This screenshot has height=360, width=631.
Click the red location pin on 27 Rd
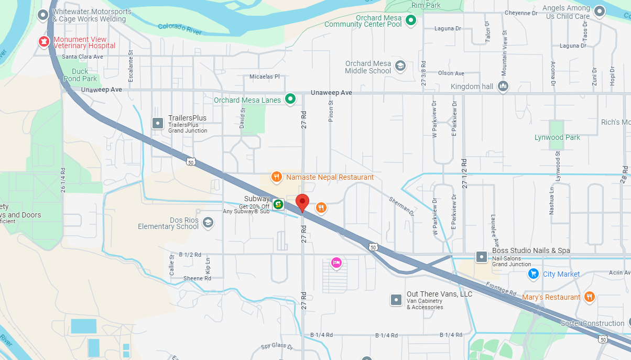302,202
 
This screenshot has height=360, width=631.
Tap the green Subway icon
278,203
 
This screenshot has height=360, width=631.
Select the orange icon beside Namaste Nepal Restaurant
276,177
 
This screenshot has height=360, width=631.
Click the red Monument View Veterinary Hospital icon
44,41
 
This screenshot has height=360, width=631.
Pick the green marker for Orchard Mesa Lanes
290,99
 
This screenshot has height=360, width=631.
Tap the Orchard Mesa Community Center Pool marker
411,20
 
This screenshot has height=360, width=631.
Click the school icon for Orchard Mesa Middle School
400,66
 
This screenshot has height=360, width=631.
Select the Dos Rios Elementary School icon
208,222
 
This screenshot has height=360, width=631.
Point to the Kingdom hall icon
503,86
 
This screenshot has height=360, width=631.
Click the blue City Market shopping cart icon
534,274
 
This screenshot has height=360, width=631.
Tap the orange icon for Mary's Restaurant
590,297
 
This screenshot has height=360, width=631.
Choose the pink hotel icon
336,262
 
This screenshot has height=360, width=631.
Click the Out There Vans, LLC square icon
396,299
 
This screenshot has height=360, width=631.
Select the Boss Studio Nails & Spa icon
482,257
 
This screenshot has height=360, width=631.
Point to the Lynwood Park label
557,137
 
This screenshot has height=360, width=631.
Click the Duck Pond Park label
80,75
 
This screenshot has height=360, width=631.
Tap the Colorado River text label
180,29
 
